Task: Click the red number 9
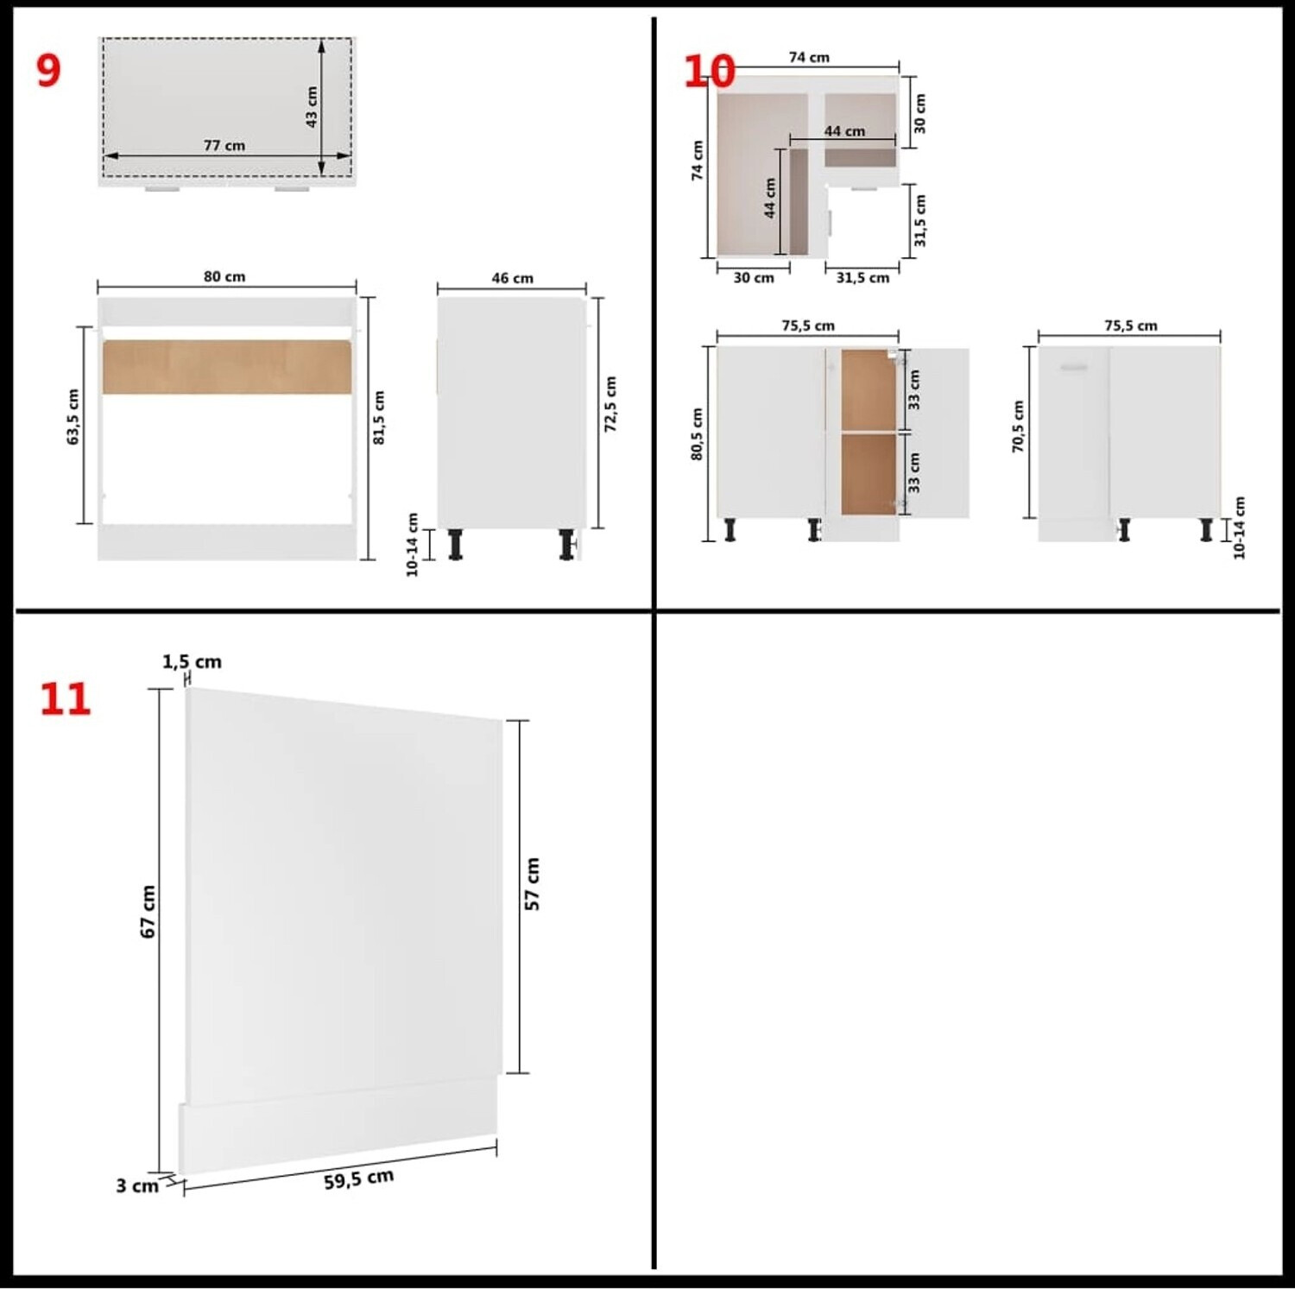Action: tap(48, 70)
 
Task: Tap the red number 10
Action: tap(709, 71)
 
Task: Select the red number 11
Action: tap(65, 699)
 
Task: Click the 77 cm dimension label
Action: tap(224, 145)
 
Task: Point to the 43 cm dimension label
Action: tap(312, 106)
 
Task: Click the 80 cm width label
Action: tap(224, 276)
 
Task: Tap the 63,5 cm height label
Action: tap(73, 417)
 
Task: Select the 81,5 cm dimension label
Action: tap(378, 418)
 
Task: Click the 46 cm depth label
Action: tap(512, 278)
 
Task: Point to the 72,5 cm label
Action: tap(610, 404)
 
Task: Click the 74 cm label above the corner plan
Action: tap(809, 57)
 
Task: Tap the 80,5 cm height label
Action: tap(697, 434)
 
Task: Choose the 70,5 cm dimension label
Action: tap(1018, 427)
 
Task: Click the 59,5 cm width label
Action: tap(359, 1179)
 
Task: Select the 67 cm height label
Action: tap(148, 912)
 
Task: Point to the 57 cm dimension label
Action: tap(532, 884)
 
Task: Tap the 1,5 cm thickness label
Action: tap(192, 662)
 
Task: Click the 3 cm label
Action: tap(137, 1186)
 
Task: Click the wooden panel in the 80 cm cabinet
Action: tap(227, 367)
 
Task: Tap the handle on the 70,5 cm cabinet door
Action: tap(1074, 368)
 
